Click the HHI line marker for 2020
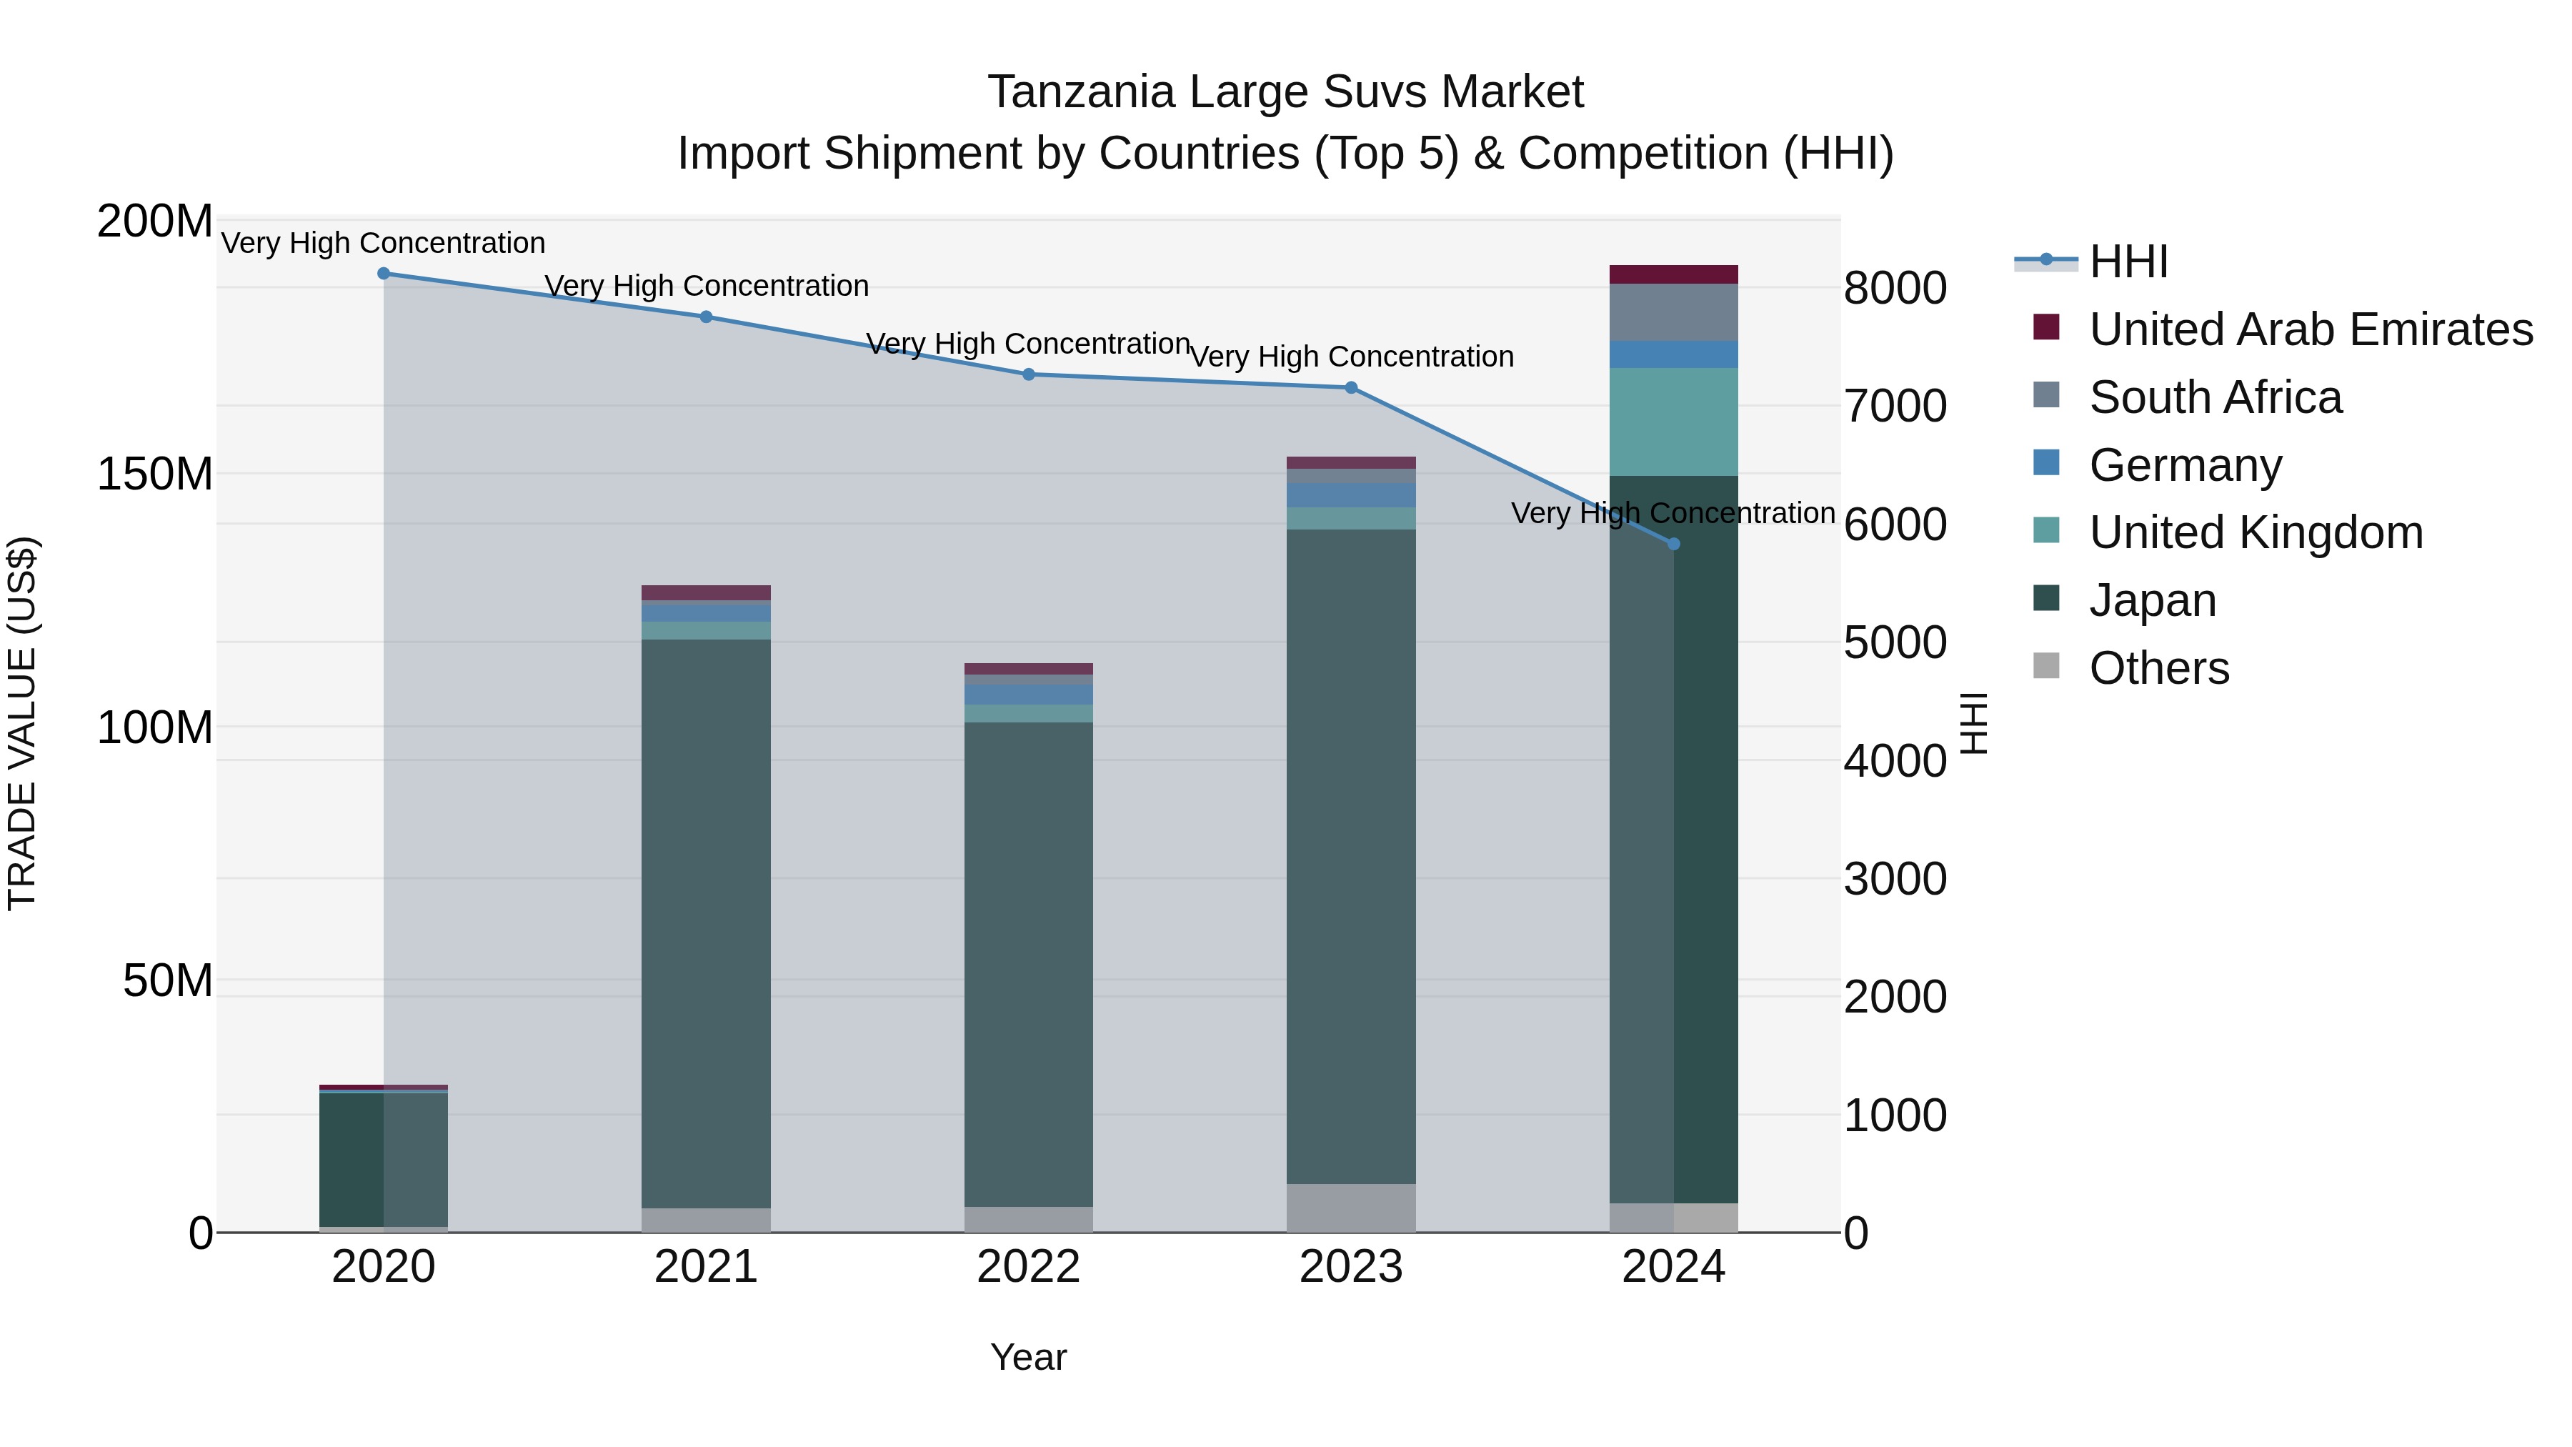[x=384, y=273]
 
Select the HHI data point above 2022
[x=1028, y=374]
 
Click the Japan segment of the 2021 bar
[x=706, y=924]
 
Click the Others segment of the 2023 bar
[x=1351, y=1208]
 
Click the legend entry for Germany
[x=2185, y=465]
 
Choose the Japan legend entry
[x=2152, y=600]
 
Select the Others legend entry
[x=2158, y=668]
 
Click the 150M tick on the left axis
[x=155, y=474]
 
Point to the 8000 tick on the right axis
[x=1894, y=289]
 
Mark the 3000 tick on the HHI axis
[x=1894, y=880]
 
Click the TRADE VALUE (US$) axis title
[x=22, y=724]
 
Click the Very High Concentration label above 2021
[x=706, y=287]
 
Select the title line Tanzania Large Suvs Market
[x=1285, y=92]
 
